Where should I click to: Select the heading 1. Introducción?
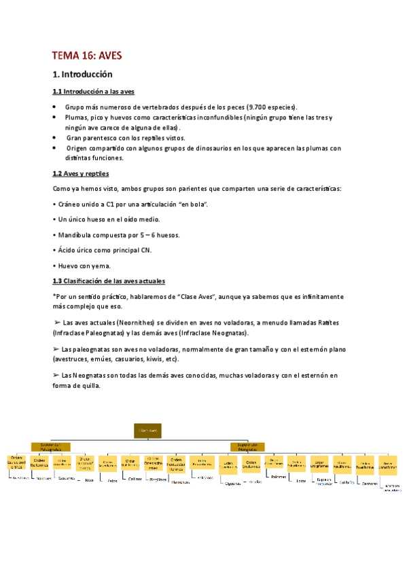pos(82,74)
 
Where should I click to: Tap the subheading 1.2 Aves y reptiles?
pos(80,174)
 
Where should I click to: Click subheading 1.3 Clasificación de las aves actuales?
pos(109,281)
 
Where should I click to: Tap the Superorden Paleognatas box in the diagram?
pos(50,448)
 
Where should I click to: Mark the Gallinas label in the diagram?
pos(136,478)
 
